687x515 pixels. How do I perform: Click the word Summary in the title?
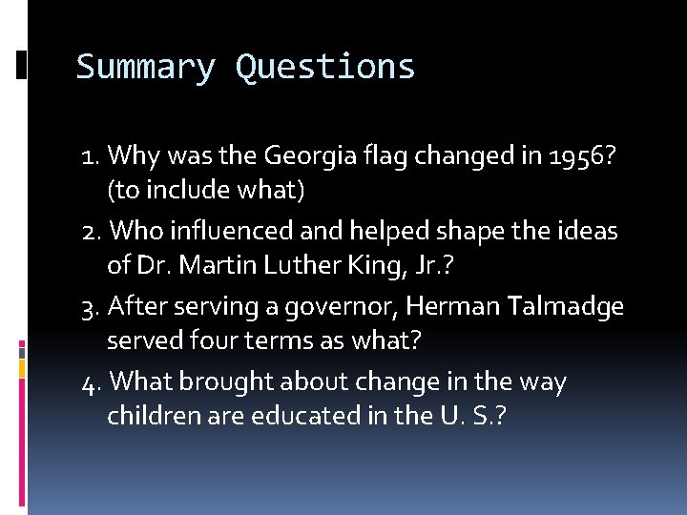(x=145, y=69)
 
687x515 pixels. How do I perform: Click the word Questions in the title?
(x=325, y=69)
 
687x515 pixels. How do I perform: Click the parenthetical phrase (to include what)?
(x=206, y=191)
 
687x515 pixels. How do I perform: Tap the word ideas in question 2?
(x=589, y=231)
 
